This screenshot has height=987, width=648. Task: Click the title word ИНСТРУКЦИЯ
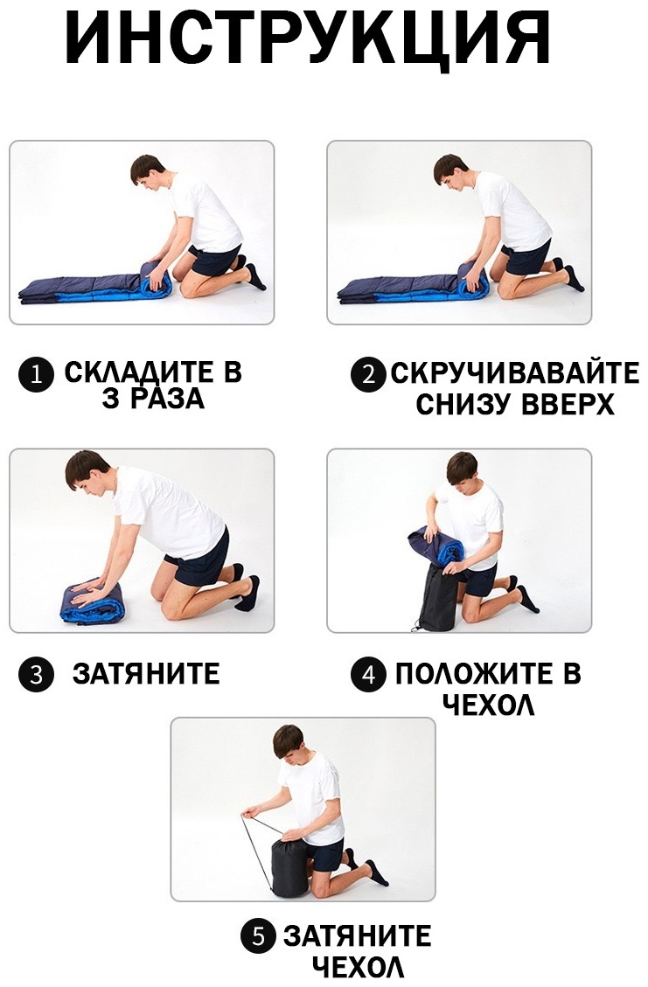pos(307,37)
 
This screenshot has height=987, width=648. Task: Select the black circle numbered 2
pos(368,376)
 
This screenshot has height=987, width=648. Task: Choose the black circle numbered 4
pos(368,675)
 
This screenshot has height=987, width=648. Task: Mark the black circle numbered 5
pos(258,937)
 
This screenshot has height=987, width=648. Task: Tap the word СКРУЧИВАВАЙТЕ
pos(515,373)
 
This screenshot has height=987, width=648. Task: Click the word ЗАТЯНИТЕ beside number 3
pos(146,673)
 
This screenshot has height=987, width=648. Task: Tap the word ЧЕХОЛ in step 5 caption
pos(359,966)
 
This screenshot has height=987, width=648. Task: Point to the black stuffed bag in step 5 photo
pos(289,865)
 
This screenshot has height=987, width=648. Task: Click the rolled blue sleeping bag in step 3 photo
pos(93,601)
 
